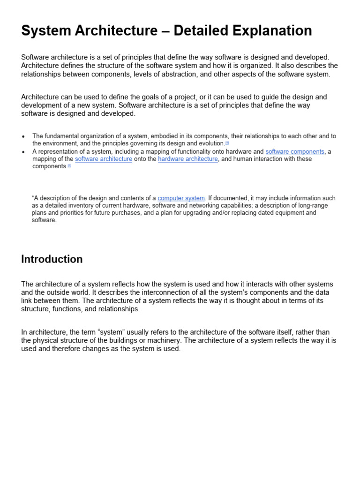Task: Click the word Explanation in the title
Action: tap(266, 31)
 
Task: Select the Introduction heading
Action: tap(52, 259)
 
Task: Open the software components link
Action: tap(295, 151)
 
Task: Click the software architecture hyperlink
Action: tap(104, 159)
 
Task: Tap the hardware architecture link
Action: tap(188, 159)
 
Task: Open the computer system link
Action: tap(181, 198)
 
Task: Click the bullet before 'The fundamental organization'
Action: tap(23, 136)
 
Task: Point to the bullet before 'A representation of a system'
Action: tap(23, 152)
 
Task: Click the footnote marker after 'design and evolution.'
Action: tap(227, 142)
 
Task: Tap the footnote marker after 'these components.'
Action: tap(69, 165)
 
